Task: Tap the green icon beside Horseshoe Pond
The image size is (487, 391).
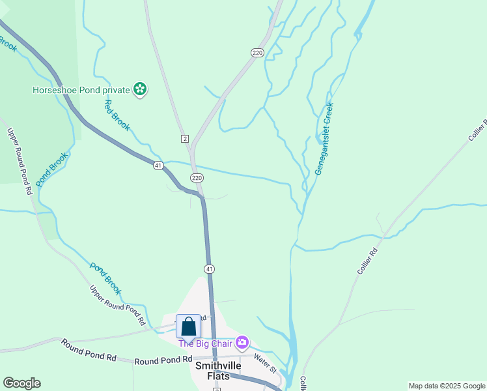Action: (139, 89)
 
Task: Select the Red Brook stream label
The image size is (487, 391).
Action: (117, 115)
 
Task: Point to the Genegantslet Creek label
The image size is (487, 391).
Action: (324, 138)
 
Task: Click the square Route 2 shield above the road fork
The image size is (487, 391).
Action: (185, 139)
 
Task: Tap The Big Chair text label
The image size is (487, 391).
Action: (206, 343)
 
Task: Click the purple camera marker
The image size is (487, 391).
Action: (242, 342)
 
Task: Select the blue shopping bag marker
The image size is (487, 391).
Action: (188, 326)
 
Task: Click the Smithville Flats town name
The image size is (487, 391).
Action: (218, 371)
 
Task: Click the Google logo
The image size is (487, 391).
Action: (21, 383)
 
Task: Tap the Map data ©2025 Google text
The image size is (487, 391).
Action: (446, 386)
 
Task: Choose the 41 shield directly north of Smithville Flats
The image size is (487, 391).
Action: (209, 268)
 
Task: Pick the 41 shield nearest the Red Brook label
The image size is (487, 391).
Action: (158, 166)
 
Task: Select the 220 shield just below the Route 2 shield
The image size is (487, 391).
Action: (197, 177)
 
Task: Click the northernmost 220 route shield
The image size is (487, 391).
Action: (257, 53)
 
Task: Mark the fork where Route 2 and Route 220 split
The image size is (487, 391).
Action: (191, 149)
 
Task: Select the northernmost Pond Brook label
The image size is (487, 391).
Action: (51, 170)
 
